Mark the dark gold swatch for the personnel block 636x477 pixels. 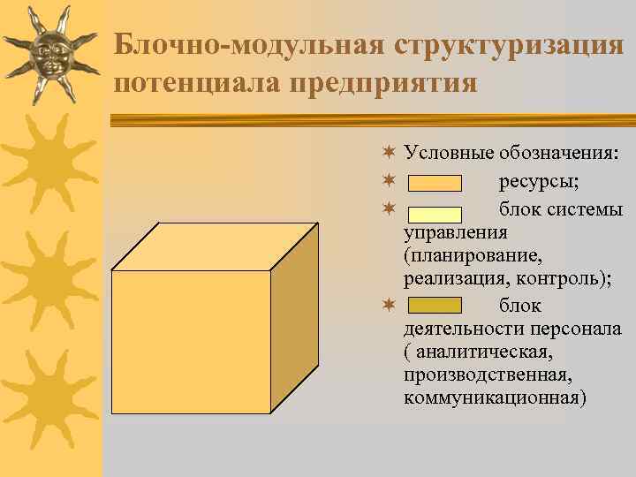[435, 306]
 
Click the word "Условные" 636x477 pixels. [448, 154]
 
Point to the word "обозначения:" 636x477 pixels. [558, 154]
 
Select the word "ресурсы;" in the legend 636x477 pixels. [539, 183]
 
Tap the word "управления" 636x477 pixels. [455, 232]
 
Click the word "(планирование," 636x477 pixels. [467, 256]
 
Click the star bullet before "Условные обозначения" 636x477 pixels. [388, 154]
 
